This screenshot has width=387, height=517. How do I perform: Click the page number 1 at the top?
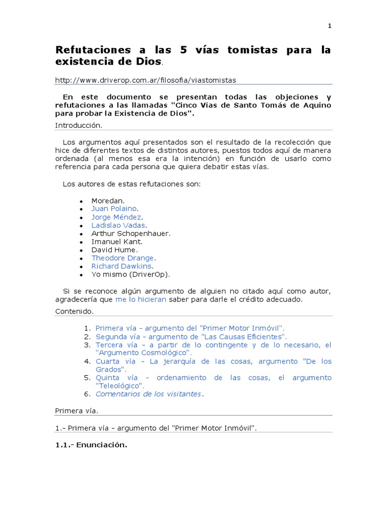(330, 26)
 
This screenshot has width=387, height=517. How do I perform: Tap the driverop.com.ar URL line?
(145, 80)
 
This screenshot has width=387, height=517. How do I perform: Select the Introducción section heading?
(78, 125)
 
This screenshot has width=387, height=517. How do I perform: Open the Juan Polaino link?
(114, 209)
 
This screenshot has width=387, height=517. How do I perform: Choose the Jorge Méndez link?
(116, 217)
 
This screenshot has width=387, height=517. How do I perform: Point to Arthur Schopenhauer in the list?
(131, 233)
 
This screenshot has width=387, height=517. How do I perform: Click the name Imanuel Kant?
(116, 242)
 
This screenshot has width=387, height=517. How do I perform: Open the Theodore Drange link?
(122, 258)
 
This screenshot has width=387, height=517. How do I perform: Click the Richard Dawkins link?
(121, 266)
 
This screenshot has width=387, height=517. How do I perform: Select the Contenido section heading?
(74, 312)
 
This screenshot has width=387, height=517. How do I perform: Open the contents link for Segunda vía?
(191, 336)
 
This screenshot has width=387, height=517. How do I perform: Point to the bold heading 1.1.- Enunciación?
(91, 445)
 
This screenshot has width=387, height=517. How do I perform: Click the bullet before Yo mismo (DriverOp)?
(81, 275)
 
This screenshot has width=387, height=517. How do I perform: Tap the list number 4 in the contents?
(86, 361)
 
